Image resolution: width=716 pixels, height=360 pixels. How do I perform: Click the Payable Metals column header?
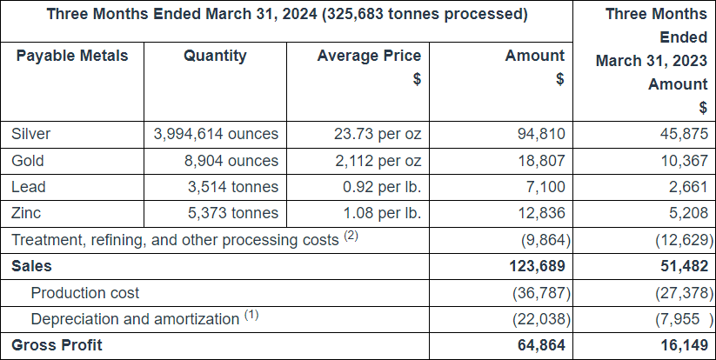71,56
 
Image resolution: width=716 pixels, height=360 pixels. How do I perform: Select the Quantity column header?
215,56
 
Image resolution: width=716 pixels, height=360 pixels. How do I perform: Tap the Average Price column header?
369,56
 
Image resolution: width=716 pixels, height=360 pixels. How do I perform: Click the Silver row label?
31,134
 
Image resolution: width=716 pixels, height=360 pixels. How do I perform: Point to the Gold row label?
28,161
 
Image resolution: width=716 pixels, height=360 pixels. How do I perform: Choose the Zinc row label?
28,213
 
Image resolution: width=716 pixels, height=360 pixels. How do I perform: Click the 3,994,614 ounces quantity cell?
216,134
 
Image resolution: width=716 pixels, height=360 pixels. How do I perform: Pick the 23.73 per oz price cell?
378,134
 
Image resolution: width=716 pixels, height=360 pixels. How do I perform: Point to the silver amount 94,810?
543,134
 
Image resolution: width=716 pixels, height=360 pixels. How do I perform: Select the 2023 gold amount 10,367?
684,161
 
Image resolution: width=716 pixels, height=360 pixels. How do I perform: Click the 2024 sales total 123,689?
537,267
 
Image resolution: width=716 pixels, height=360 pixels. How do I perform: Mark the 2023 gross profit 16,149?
684,345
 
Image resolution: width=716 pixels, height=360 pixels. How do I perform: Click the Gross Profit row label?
57,345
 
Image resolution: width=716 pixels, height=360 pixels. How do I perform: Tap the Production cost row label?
85,293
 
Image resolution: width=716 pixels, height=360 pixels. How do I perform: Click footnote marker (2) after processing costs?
351,236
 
